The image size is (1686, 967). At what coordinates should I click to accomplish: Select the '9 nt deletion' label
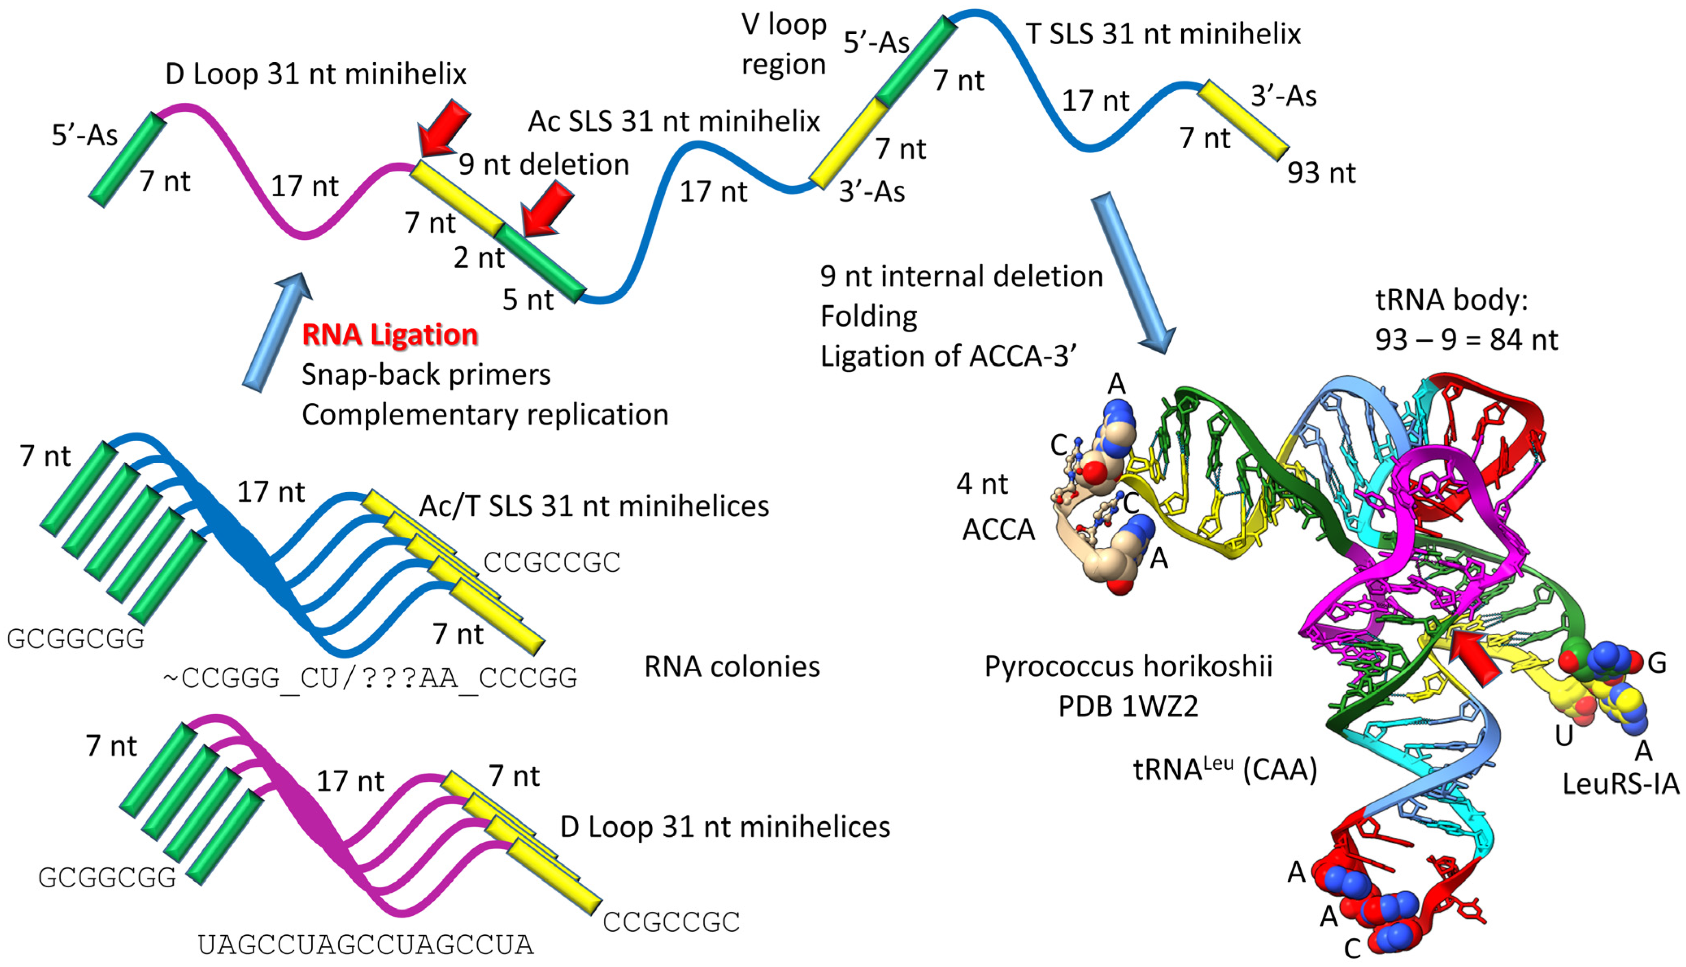tap(544, 164)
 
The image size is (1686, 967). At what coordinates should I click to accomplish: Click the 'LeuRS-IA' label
tap(1620, 784)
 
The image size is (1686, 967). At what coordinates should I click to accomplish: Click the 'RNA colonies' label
tap(732, 666)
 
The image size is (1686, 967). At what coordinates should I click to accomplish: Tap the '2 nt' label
tap(479, 257)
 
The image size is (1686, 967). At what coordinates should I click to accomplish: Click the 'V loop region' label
tap(783, 44)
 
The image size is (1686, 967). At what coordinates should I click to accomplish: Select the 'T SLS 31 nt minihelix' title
tap(1163, 33)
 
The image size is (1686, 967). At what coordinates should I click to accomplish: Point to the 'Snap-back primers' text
tap(425, 375)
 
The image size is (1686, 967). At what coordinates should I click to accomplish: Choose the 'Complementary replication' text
tap(485, 414)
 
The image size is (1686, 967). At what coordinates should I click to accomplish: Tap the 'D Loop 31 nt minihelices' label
tap(725, 827)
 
